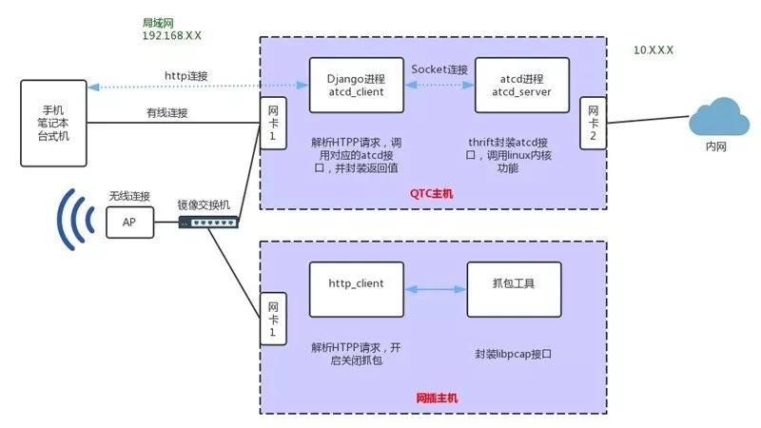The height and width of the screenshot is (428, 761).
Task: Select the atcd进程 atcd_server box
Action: (521, 86)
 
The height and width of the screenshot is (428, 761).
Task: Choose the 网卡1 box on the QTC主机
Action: (272, 124)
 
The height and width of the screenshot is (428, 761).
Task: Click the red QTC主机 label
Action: (432, 193)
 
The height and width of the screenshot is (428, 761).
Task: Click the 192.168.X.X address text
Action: (171, 36)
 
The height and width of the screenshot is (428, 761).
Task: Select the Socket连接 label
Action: (439, 69)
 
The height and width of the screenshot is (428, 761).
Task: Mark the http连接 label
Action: (186, 76)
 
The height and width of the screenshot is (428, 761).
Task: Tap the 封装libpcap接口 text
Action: (515, 352)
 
